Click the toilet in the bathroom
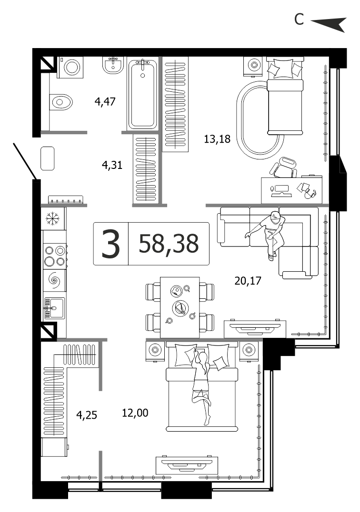click(x=61, y=102)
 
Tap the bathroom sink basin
click(x=113, y=65)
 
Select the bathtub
click(x=142, y=94)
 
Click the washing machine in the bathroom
click(x=70, y=68)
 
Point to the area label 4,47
click(x=105, y=101)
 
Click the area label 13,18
click(x=217, y=139)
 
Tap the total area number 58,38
click(x=169, y=244)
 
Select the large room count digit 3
click(x=111, y=244)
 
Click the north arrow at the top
click(x=328, y=24)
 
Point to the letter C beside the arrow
click(x=299, y=20)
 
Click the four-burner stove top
click(x=55, y=256)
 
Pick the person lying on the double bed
click(x=201, y=386)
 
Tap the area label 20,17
click(x=248, y=280)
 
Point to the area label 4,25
click(x=87, y=415)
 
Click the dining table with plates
click(x=180, y=307)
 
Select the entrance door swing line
click(x=25, y=161)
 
